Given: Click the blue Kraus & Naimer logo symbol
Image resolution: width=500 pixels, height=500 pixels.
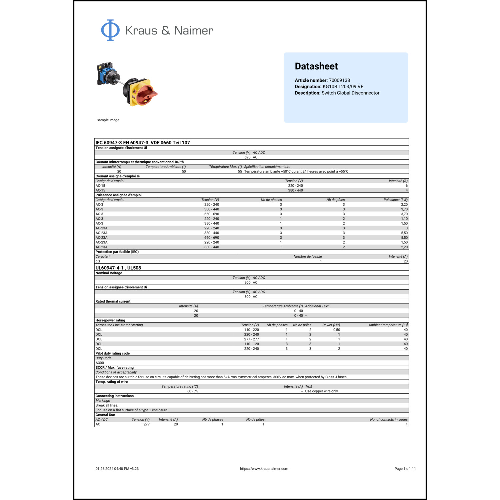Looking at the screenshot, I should (110, 30).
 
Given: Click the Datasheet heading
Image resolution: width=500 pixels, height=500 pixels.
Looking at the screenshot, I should (316, 66).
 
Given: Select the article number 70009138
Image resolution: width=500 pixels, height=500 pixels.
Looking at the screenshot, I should (339, 80).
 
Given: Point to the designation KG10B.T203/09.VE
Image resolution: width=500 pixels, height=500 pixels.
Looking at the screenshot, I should (343, 87).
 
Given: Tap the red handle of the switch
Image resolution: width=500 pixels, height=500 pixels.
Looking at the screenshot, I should (147, 94).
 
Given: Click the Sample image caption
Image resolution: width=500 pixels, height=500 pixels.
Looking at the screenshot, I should (108, 120).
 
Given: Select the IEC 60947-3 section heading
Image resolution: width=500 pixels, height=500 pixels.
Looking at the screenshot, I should (143, 143).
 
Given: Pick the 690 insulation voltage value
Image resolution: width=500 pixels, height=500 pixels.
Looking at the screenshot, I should (247, 157).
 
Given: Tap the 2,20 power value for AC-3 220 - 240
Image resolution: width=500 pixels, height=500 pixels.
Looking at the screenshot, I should (404, 205).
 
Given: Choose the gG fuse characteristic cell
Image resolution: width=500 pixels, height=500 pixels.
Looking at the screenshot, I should (98, 261).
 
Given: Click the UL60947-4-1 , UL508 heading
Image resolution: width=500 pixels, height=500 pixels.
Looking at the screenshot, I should (118, 268).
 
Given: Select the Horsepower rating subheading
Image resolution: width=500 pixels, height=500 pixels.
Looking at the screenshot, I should (110, 320).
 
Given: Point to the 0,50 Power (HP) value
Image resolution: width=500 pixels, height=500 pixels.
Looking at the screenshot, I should (337, 330).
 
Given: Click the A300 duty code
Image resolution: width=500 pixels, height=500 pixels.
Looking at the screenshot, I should (100, 363).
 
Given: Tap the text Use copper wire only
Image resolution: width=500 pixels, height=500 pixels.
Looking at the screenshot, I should (321, 391).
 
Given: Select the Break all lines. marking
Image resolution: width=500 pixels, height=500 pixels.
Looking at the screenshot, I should (107, 405).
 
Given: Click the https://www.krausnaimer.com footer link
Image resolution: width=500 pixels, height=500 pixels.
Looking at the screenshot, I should (264, 469).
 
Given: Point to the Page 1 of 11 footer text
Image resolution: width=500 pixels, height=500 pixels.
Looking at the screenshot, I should (405, 469).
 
